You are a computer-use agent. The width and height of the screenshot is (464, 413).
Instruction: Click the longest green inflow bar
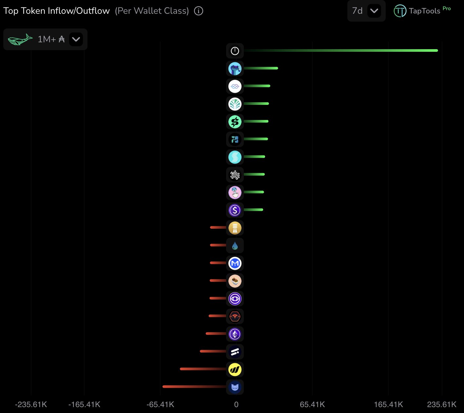click(341, 50)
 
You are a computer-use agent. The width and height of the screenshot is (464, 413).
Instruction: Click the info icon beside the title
click(199, 11)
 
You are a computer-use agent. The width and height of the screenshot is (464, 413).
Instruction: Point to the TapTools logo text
click(424, 11)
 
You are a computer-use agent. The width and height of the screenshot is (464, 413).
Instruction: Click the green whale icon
click(20, 40)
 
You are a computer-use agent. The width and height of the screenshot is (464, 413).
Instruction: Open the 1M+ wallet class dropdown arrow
click(76, 40)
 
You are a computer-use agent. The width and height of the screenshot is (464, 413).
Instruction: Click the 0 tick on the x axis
click(236, 404)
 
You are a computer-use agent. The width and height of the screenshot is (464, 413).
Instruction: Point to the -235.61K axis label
click(31, 404)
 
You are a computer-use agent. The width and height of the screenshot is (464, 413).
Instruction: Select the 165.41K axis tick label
click(388, 404)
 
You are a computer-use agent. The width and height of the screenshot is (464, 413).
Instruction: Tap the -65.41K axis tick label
click(160, 404)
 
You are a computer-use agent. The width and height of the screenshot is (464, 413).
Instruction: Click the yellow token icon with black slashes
click(235, 370)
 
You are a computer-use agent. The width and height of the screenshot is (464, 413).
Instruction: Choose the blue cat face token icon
click(235, 387)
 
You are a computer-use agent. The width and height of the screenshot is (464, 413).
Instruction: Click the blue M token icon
click(235, 263)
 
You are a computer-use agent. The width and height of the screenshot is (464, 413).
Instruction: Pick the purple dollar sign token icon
click(235, 210)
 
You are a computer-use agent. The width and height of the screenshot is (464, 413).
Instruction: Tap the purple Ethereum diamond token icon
click(235, 334)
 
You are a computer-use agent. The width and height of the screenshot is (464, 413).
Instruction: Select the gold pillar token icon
click(235, 228)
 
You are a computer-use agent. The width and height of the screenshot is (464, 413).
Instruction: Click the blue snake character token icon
click(235, 69)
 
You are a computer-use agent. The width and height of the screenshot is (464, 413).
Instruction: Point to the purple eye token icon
click(235, 299)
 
